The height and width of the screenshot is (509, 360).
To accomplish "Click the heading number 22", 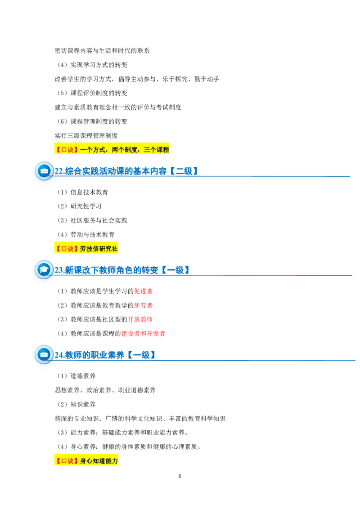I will pos(59,171).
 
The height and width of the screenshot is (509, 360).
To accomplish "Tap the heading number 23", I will pos(59,270).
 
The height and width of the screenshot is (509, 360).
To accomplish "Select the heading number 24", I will pos(59,355).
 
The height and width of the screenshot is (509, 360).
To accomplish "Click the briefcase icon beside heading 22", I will pos(44,171).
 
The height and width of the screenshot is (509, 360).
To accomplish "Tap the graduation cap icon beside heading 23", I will pos(44,270).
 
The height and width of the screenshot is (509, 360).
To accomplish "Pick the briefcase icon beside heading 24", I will pos(44,355).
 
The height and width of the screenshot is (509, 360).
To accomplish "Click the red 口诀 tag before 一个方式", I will pos(67,150).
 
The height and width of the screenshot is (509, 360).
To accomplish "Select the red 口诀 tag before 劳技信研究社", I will pos(67,248).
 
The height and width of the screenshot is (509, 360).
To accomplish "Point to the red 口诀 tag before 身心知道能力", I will pos(67,461).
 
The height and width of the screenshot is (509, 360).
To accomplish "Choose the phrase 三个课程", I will pos(156,150).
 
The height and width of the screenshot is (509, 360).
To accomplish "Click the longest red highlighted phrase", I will pos(143,334).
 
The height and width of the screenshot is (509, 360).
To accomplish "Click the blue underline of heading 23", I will pos(270,275).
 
